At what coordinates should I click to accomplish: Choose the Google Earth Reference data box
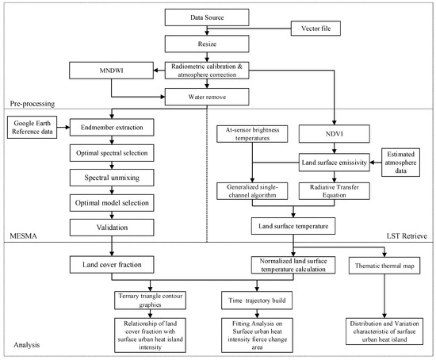point(30,127)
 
